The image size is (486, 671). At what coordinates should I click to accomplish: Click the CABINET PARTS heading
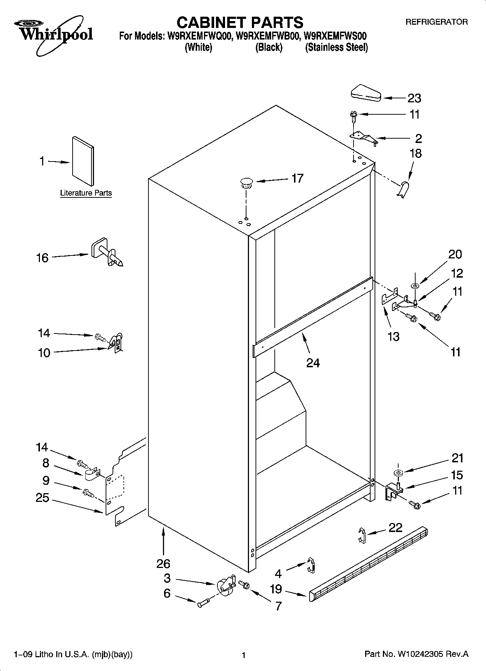240,22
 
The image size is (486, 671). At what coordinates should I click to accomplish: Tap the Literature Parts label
86,193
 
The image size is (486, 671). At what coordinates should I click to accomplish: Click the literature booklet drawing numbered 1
82,161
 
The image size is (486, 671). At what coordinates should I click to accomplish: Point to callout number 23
414,98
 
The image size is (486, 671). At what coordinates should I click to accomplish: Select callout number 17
297,179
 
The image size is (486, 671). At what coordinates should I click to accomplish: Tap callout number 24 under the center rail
313,363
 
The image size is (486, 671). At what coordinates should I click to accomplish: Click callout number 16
42,258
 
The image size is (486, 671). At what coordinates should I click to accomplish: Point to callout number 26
163,564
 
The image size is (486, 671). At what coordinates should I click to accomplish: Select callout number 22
395,527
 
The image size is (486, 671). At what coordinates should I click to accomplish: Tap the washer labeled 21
398,473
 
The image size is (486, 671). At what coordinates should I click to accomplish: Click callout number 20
455,254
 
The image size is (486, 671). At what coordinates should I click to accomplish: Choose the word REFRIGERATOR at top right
436,22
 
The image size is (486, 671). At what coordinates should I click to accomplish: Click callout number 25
42,498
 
